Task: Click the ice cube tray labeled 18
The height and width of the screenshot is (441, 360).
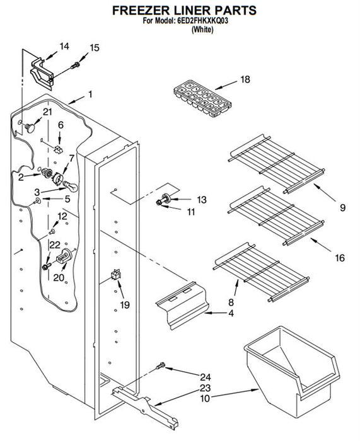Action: [x=202, y=98]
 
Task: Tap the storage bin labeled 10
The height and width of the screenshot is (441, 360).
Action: [x=292, y=371]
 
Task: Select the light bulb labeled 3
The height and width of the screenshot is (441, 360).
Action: [x=70, y=186]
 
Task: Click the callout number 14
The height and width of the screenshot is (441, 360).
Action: [x=64, y=47]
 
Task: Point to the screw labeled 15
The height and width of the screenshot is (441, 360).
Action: [x=76, y=66]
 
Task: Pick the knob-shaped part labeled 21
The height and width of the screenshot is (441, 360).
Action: [x=30, y=127]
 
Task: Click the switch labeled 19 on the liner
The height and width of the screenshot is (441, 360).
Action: [x=116, y=274]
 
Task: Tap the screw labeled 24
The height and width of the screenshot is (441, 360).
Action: [x=161, y=365]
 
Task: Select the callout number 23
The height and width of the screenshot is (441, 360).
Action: [x=205, y=388]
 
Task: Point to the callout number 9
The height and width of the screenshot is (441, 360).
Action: [x=342, y=208]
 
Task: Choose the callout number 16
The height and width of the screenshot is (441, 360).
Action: [x=340, y=258]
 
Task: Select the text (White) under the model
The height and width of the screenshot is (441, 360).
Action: [x=202, y=29]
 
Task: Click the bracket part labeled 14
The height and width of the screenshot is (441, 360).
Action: [x=42, y=74]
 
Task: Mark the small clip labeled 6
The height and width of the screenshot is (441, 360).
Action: [x=58, y=149]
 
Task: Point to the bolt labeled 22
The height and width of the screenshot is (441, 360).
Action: [x=47, y=266]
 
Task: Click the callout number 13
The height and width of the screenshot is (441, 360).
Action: [x=202, y=200]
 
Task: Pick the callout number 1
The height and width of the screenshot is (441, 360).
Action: [x=90, y=94]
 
